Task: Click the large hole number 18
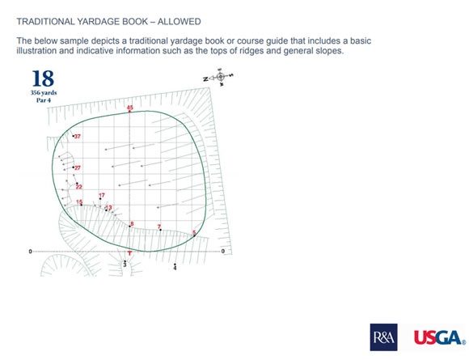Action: pos(43,78)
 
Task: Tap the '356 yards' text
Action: pos(44,93)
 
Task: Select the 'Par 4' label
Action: pos(44,100)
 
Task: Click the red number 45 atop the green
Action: pos(130,108)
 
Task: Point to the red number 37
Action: pos(78,137)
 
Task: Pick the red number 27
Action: pos(78,168)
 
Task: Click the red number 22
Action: pos(78,187)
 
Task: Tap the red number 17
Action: pos(102,195)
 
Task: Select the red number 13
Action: pos(109,207)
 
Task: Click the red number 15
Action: pos(79,202)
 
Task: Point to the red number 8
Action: pos(132,224)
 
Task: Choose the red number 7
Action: pos(159,227)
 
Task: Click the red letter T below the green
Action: pos(130,253)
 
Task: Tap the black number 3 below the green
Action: pos(125,265)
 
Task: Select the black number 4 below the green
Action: pos(175,268)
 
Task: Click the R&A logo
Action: pos(384,337)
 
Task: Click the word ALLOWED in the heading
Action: pos(180,22)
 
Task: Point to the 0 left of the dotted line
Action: pos(30,252)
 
